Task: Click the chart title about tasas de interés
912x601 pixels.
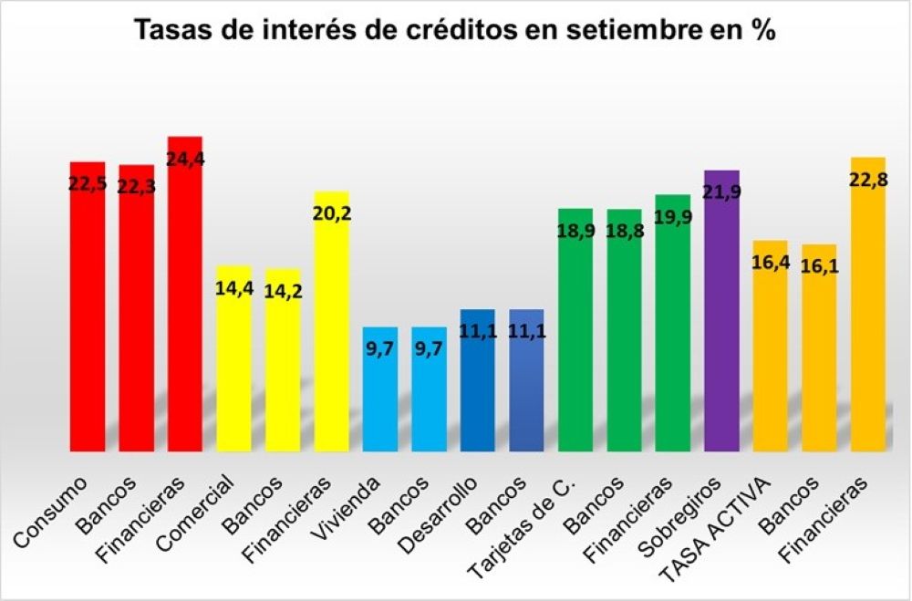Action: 455,30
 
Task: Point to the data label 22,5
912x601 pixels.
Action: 88,183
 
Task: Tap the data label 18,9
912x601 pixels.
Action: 575,230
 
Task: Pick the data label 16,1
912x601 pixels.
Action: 820,267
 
